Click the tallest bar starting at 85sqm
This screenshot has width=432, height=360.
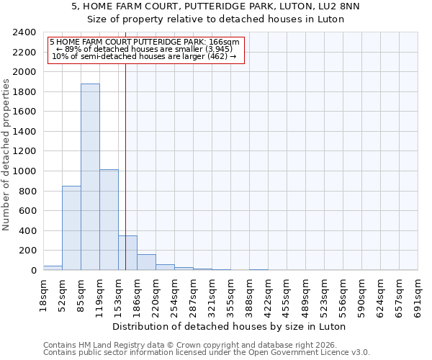tap(90, 176)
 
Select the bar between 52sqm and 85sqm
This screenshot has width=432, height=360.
tap(71, 228)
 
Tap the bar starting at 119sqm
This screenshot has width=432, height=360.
tap(109, 220)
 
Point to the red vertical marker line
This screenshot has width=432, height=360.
tap(125, 144)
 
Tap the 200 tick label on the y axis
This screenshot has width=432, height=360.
tap(27, 251)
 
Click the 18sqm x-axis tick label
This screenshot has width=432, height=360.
tap(43, 294)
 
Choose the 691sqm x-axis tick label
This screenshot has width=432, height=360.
tap(418, 294)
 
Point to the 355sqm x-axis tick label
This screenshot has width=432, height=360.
tap(230, 294)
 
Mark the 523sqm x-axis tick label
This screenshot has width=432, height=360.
tap(324, 294)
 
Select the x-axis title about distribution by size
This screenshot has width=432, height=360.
tap(230, 326)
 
